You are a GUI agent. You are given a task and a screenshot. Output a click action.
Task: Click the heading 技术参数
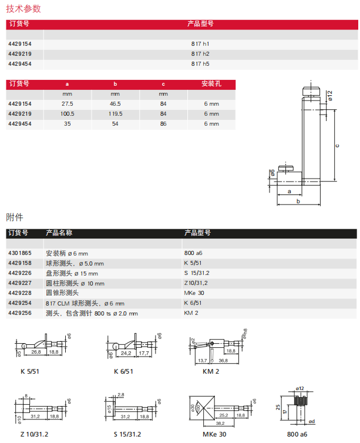click(x=23, y=9)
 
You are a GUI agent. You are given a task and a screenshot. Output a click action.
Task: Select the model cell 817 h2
click(x=200, y=54)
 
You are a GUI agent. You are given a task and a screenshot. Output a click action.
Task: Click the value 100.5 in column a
click(x=67, y=114)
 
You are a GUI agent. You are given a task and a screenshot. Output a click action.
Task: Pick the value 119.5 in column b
click(x=115, y=114)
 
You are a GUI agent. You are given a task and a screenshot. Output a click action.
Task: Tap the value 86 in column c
click(x=163, y=124)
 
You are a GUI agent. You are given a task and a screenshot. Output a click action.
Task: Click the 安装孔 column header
click(x=211, y=83)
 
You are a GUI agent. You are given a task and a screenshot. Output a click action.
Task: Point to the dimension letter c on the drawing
click(x=337, y=146)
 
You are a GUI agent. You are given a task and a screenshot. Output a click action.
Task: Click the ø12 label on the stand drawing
click(x=330, y=96)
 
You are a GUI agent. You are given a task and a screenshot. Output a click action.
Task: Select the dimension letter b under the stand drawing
click(x=298, y=201)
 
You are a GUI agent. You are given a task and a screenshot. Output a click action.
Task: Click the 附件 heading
click(x=15, y=217)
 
